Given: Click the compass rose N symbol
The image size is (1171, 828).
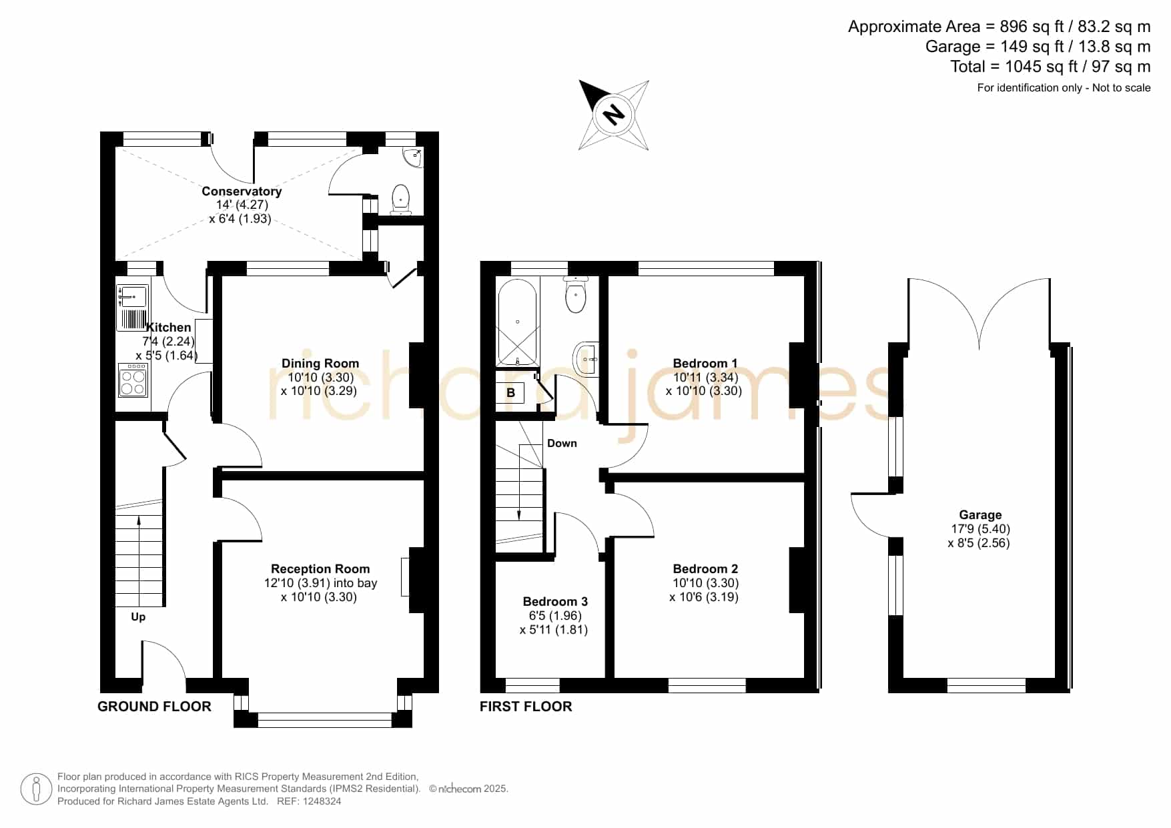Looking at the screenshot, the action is pyautogui.click(x=614, y=115).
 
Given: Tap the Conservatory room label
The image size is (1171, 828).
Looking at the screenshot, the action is pyautogui.click(x=242, y=191).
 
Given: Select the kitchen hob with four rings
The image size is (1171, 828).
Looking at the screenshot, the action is pyautogui.click(x=133, y=380).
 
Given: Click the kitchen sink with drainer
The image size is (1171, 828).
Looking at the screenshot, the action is pyautogui.click(x=132, y=308).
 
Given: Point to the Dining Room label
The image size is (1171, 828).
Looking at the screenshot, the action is pyautogui.click(x=320, y=364).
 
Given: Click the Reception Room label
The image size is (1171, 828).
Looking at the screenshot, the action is pyautogui.click(x=320, y=569).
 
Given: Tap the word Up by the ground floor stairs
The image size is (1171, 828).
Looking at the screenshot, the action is pyautogui.click(x=138, y=617).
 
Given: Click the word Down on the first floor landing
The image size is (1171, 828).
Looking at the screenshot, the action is pyautogui.click(x=562, y=443).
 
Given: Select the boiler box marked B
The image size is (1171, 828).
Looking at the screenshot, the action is pyautogui.click(x=510, y=392).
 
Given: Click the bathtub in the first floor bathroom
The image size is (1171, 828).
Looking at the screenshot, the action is pyautogui.click(x=517, y=322).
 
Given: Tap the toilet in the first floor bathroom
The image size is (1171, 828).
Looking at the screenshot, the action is pyautogui.click(x=575, y=294).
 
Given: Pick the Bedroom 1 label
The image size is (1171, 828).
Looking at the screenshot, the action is pyautogui.click(x=705, y=364).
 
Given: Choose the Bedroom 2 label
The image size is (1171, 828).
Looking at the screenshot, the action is pyautogui.click(x=705, y=569).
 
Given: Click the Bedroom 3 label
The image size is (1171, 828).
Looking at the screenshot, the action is pyautogui.click(x=555, y=602).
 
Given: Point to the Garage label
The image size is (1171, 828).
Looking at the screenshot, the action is pyautogui.click(x=980, y=515).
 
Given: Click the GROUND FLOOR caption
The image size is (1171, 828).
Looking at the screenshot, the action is pyautogui.click(x=154, y=707).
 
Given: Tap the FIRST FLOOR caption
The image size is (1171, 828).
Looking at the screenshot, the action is pyautogui.click(x=526, y=707).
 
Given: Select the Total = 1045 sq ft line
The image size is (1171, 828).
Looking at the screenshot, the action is pyautogui.click(x=1050, y=67).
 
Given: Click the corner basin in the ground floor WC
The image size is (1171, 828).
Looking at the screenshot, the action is pyautogui.click(x=413, y=156).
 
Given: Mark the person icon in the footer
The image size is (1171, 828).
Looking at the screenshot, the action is pyautogui.click(x=37, y=790).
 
